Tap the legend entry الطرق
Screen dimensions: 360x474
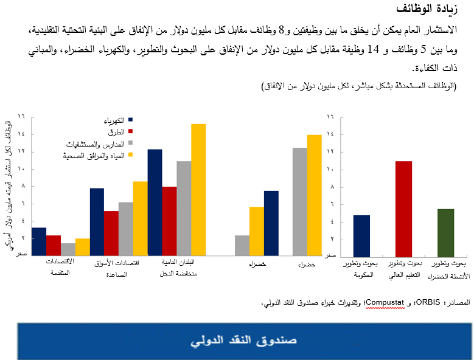tap(116, 131)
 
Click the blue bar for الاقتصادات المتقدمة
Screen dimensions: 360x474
tap(39, 241)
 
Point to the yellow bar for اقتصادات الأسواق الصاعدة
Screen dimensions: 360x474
tap(141, 218)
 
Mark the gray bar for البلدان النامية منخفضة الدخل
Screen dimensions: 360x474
tap(184, 208)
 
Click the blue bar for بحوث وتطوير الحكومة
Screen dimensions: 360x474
tap(361, 235)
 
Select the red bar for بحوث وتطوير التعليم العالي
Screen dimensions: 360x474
tap(404, 208)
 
